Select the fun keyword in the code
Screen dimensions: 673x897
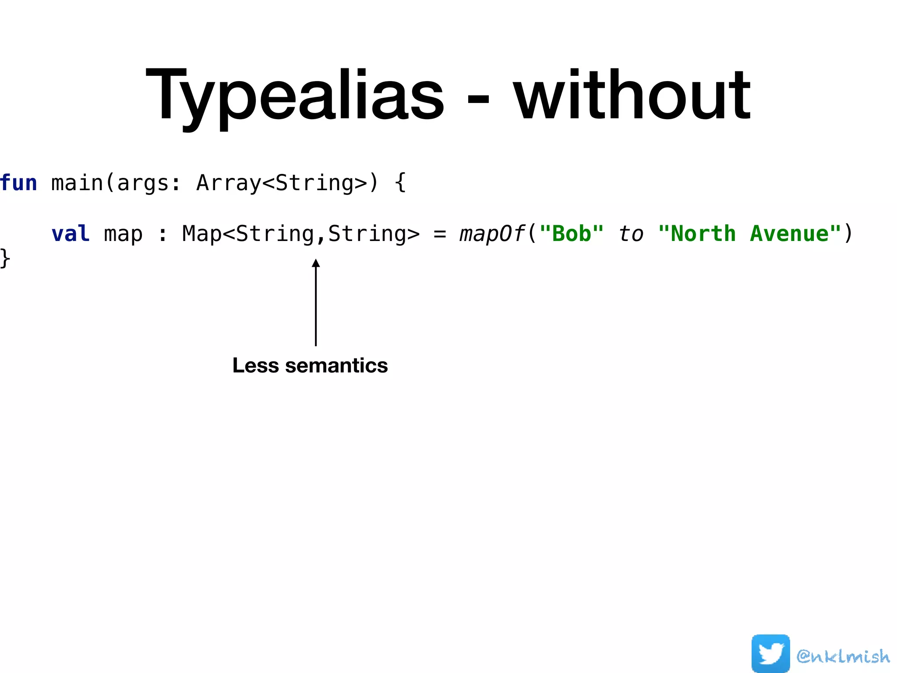tap(18, 183)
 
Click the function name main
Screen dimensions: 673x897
tap(77, 183)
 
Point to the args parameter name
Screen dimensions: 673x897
tap(143, 184)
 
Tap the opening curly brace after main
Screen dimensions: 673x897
tap(400, 183)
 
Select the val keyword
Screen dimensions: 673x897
tap(70, 234)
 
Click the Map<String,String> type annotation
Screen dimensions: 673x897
tap(300, 234)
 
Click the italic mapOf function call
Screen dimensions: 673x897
tap(491, 234)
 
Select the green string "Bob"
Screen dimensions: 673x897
tap(571, 234)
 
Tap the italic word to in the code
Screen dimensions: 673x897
tap(631, 234)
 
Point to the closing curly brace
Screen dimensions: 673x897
tap(5, 259)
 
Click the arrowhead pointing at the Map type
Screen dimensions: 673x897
tap(315, 263)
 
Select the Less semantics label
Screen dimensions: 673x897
tap(310, 365)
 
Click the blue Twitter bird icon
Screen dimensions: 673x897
tap(770, 653)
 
